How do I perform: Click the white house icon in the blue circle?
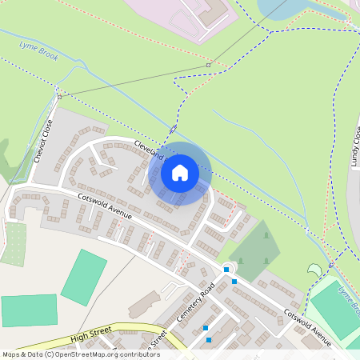(180, 173)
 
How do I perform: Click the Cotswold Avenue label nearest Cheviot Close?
(105, 206)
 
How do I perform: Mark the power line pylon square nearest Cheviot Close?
(60, 97)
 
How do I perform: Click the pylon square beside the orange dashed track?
(208, 65)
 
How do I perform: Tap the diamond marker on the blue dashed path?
(173, 129)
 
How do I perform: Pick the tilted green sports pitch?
(84, 277)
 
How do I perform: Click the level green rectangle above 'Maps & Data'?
(29, 311)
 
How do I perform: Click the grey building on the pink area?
(214, 11)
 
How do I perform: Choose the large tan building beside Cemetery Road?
(144, 304)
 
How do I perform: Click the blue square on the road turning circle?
(226, 270)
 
